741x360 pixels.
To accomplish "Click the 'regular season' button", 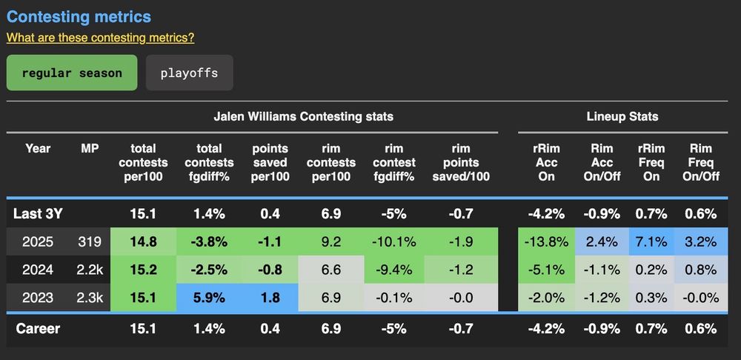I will point(72,73).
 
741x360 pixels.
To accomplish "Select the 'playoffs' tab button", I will point(189,73).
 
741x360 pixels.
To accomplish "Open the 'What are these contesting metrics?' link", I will point(100,37).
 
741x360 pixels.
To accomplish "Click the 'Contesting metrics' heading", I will point(79,16).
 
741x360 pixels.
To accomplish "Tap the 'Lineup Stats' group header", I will point(622,116).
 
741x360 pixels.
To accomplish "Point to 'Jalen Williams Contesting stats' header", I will point(303,116).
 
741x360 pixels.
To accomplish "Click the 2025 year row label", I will point(37,241).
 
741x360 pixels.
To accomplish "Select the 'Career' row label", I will point(37,328).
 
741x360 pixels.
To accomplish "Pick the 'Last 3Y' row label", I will point(39,213).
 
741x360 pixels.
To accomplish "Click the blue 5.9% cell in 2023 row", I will point(208,297).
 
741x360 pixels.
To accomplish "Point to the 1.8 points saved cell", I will point(270,297).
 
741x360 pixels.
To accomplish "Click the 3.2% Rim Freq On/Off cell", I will point(701,241).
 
